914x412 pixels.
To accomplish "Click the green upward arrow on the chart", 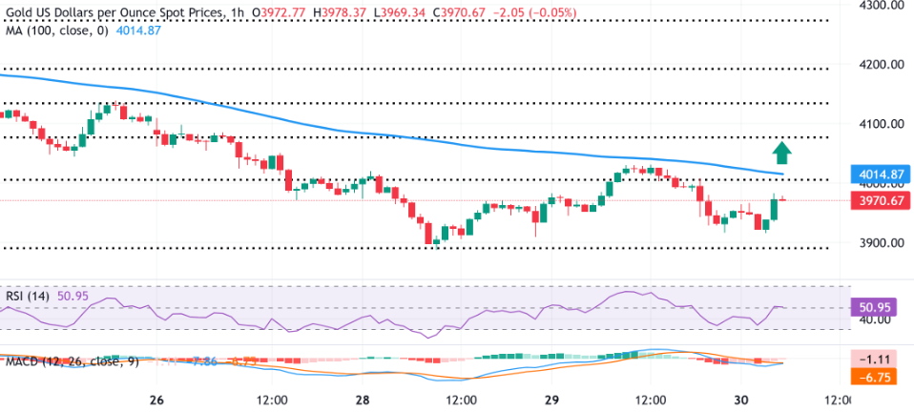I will [x=781, y=152].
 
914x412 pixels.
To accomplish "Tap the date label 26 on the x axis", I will [x=157, y=398].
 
